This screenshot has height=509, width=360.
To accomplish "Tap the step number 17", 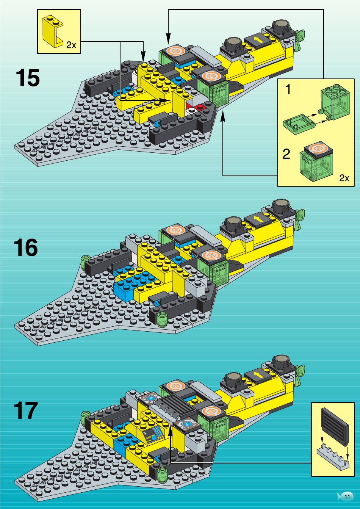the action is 26,410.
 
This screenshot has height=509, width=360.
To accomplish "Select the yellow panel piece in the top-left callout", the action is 53,31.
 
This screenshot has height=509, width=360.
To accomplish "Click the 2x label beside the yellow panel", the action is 71,45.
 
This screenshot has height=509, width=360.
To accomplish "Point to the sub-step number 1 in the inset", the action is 288,89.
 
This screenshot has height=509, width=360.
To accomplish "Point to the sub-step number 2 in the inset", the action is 286,154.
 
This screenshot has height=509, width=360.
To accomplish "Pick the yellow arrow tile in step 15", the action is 258,40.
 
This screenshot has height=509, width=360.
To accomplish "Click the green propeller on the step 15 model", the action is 300,41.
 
